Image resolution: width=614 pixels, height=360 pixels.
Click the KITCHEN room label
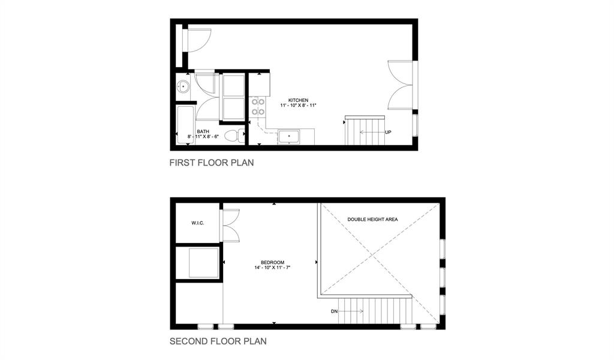pos(299,100)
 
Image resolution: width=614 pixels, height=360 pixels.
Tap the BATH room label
pos(203,131)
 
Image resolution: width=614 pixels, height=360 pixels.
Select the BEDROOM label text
pos(273,262)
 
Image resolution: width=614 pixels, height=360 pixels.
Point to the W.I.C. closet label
pos(198,223)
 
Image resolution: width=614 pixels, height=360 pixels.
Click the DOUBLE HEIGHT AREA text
pos(372,220)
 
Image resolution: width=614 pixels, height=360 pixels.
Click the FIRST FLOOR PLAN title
pos(212,163)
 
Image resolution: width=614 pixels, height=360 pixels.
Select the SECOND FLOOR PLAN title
pos(218,341)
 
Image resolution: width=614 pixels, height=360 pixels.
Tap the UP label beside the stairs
pos(388,133)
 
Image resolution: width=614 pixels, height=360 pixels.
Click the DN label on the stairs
pos(334,311)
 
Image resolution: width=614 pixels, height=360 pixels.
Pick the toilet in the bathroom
pos(235,136)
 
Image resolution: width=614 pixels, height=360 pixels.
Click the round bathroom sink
pos(183,86)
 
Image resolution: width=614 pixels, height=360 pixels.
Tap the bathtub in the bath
pos(186,125)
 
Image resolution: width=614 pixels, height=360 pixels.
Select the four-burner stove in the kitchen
pos(258,107)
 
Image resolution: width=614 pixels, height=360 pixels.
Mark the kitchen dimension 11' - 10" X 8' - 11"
pos(298,106)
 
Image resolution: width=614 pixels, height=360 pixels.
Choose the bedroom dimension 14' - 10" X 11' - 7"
pos(273,268)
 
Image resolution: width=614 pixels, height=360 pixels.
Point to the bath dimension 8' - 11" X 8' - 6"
pos(203,137)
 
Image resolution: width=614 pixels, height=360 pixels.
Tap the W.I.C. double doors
pos(231,225)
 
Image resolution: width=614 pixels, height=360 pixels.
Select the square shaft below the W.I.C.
pos(204,263)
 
